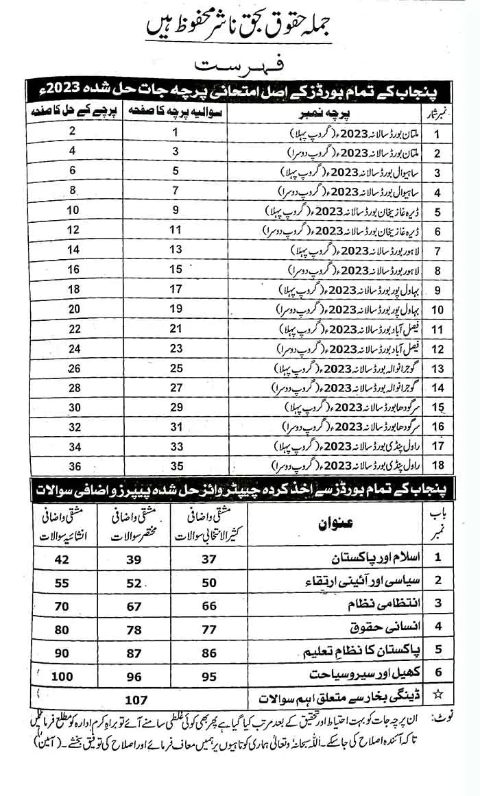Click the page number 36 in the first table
point(73,468)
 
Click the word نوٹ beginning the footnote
point(444,719)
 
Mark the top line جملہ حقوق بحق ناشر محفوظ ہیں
point(237,27)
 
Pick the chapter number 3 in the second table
point(436,605)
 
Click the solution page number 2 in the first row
point(73,130)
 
